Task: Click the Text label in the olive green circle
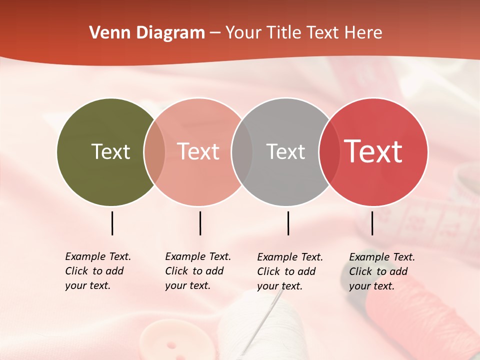tap(110, 151)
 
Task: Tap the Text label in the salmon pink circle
tap(198, 151)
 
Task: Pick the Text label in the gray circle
tap(285, 151)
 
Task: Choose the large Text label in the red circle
tap(373, 151)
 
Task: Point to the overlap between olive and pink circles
tap(154, 152)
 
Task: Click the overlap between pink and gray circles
tap(242, 152)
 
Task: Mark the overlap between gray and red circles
tap(329, 152)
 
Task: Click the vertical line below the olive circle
tap(112, 223)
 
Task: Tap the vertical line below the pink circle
tap(200, 223)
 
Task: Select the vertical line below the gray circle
tap(288, 223)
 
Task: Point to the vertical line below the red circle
tap(372, 223)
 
